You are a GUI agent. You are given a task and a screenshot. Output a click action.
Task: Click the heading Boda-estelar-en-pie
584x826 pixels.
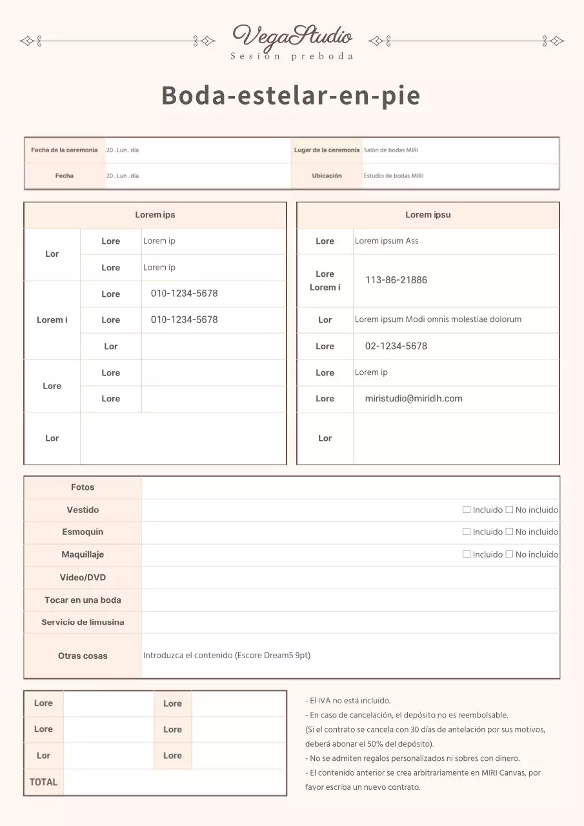291,96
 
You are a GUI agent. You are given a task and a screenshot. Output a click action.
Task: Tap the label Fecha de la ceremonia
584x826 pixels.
65,150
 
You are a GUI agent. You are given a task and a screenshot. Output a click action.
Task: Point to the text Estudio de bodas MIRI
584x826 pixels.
394,176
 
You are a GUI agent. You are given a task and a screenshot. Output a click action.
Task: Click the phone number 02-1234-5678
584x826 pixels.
396,346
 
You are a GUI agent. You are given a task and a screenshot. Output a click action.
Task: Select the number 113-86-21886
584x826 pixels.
396,280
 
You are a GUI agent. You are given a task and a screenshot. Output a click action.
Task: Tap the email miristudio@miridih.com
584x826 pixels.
414,398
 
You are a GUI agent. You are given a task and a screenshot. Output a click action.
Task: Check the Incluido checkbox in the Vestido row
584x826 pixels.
467,510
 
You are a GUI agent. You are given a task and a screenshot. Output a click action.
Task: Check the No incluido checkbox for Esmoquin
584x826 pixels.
509,532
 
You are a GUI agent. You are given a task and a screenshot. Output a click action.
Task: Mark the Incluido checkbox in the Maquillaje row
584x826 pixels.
467,554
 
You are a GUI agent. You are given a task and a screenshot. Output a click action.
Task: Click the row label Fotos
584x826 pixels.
83,487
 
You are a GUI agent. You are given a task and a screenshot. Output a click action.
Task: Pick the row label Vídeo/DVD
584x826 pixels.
83,578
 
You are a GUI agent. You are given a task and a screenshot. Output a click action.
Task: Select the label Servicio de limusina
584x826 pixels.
83,622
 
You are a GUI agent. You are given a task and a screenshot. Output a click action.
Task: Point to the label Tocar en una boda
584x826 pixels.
83,600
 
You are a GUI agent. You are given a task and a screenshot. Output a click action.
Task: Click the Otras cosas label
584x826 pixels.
83,656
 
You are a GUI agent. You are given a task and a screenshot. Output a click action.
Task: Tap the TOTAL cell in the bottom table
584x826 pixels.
44,782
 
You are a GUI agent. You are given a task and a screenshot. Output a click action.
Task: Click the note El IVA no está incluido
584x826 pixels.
348,700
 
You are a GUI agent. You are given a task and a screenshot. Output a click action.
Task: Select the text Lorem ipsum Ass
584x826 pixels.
387,241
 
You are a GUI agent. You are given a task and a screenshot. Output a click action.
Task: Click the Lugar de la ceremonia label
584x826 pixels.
327,150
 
